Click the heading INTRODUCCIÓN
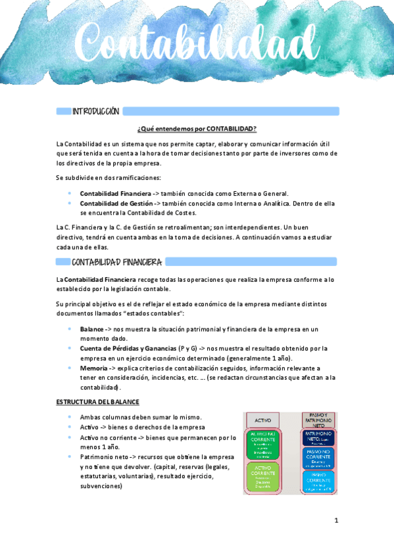(x=95, y=112)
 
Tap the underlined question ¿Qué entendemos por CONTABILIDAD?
(x=197, y=128)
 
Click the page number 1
(x=335, y=521)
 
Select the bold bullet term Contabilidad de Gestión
(x=116, y=204)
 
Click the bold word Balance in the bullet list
(x=91, y=329)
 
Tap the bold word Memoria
(x=94, y=368)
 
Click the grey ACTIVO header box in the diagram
(x=262, y=420)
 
